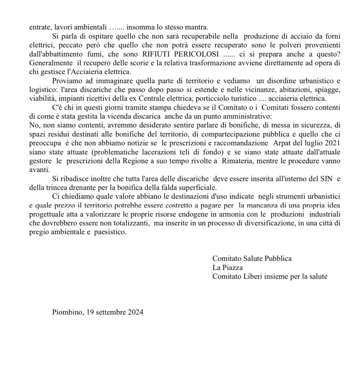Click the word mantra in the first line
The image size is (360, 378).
coord(198,27)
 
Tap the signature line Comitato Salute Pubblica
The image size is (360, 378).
coord(252,258)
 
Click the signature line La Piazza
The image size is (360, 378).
coord(227,267)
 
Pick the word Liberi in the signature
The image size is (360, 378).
coord(251,276)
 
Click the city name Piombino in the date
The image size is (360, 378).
coord(68,312)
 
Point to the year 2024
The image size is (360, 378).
coord(136,312)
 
